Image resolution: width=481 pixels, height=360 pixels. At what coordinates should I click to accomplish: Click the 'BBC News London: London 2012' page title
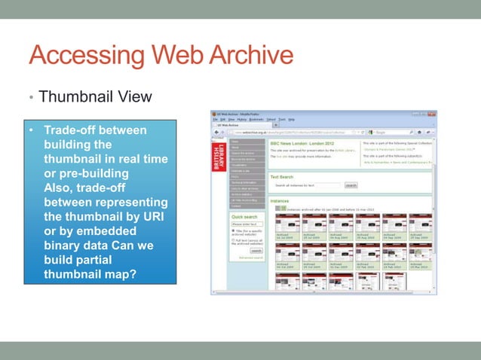306,143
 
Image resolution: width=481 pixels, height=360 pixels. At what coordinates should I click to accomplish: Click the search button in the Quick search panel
256,251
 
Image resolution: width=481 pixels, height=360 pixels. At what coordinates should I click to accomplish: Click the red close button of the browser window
433,114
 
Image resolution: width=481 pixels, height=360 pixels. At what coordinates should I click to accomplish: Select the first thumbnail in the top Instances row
286,224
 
